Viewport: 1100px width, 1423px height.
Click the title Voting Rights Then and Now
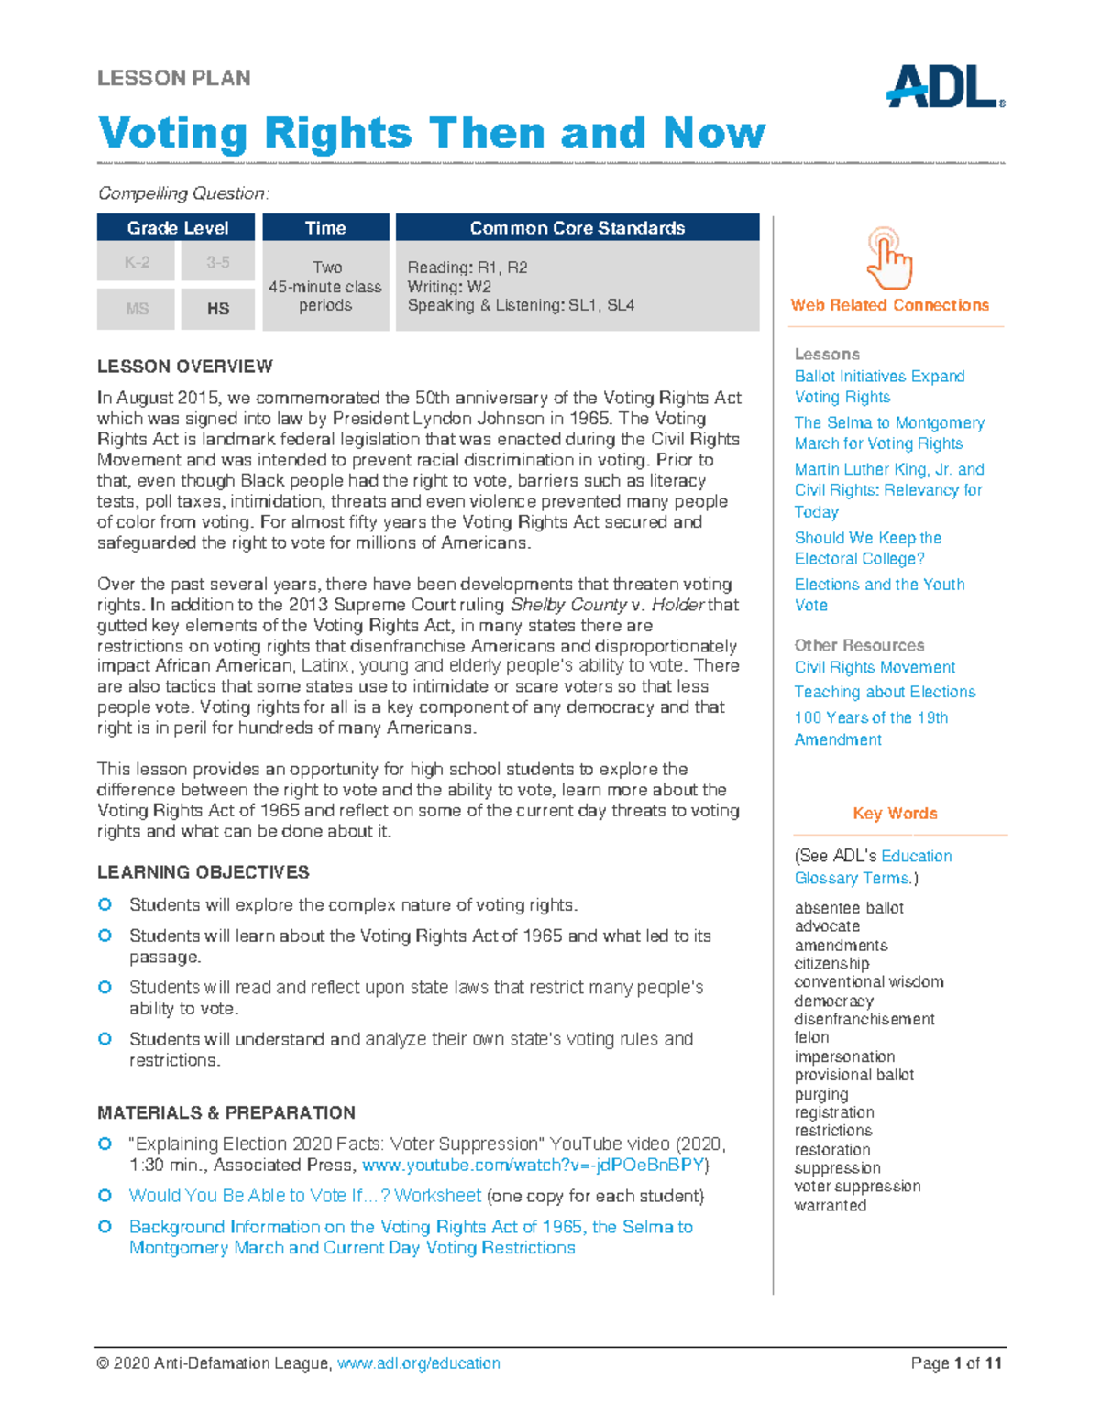coord(431,134)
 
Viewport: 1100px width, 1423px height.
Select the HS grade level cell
coord(218,309)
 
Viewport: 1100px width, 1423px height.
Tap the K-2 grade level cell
coord(137,263)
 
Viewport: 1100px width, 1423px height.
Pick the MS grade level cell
coord(137,309)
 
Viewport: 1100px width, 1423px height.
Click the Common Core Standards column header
coord(577,228)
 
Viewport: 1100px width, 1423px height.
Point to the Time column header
coord(325,228)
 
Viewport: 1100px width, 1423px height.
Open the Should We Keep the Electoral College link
coord(867,548)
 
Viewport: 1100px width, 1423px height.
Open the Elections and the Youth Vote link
coord(878,595)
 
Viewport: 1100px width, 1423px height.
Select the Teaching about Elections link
coord(885,692)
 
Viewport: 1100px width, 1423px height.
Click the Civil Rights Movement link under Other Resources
coord(874,667)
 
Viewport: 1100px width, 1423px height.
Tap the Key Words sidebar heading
coord(895,814)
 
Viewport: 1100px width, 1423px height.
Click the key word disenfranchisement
coord(863,1019)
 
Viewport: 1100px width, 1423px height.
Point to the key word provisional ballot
coord(853,1075)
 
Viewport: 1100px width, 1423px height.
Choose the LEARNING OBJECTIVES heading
coord(203,872)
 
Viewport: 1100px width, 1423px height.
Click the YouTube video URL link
coord(533,1166)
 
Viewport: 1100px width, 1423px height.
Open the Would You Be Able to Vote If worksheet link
coord(304,1196)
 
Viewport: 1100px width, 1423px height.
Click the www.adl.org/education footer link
coord(418,1363)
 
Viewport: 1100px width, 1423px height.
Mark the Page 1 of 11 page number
coord(955,1363)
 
